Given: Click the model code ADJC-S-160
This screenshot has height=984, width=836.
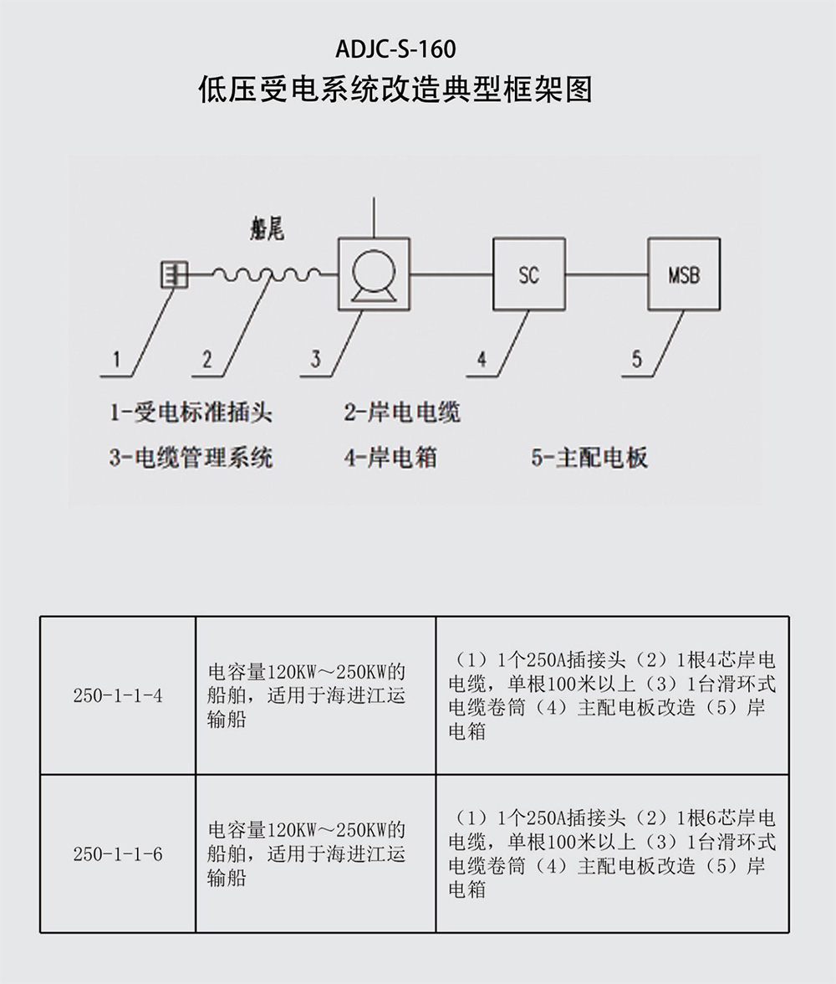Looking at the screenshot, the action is (395, 49).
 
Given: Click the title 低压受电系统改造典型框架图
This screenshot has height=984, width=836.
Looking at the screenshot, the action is (395, 90).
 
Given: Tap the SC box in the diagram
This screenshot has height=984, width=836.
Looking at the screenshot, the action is (528, 274).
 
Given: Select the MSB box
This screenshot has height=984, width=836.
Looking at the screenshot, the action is (684, 274).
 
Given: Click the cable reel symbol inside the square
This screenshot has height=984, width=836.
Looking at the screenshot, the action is (374, 274).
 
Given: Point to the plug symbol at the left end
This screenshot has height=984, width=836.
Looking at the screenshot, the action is (174, 274).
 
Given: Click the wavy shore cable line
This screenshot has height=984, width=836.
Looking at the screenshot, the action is (267, 274).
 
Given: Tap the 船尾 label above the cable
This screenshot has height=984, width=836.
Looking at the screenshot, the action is (267, 229).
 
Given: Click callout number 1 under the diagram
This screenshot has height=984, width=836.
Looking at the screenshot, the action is (116, 360).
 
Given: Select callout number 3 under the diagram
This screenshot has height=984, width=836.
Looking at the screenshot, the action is (315, 360).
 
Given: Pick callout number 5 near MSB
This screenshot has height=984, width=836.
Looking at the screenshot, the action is (636, 360).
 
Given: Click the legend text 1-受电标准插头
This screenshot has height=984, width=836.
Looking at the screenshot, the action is (191, 413).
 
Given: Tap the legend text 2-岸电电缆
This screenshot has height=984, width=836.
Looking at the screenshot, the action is (402, 413).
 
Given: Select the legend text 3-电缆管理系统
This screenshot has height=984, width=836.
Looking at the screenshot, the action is (191, 458).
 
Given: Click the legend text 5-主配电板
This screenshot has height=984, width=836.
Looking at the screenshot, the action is (589, 458).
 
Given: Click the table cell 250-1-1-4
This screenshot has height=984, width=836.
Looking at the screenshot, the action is (118, 695).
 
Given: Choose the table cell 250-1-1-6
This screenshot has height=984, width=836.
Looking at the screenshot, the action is (118, 853).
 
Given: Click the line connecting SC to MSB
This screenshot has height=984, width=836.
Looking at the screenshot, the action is (606, 274).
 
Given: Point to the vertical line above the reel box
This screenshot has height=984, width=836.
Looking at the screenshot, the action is (374, 218).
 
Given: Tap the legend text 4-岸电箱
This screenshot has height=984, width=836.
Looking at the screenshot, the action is (390, 458).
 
